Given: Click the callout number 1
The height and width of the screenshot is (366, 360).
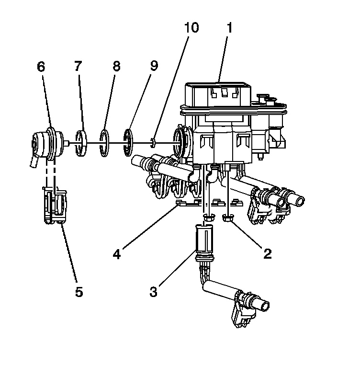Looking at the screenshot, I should tap(229, 28).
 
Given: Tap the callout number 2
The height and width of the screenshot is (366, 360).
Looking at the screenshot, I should tap(267, 253).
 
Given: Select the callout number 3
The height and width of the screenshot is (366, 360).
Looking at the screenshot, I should tap(153, 291).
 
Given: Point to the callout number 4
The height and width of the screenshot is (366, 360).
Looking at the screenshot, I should tap(116, 253).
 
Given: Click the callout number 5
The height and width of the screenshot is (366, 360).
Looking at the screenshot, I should tap(79, 291).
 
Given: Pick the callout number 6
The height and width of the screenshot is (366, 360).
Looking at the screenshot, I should tap(41, 67).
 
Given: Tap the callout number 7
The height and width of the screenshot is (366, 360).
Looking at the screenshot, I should tap(79, 67).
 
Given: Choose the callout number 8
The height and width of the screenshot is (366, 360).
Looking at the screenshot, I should tap(116, 67).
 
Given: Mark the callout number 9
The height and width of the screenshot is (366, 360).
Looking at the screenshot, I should tap(153, 67).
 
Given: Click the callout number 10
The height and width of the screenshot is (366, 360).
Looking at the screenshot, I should tap(191, 28).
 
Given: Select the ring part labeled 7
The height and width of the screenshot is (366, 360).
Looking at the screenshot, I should tap(82, 142).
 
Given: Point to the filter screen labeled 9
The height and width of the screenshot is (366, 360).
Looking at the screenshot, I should tap(128, 142).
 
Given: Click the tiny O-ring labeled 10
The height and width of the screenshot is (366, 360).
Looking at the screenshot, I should tap(152, 141).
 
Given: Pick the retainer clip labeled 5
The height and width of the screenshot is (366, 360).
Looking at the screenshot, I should tap(55, 206).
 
